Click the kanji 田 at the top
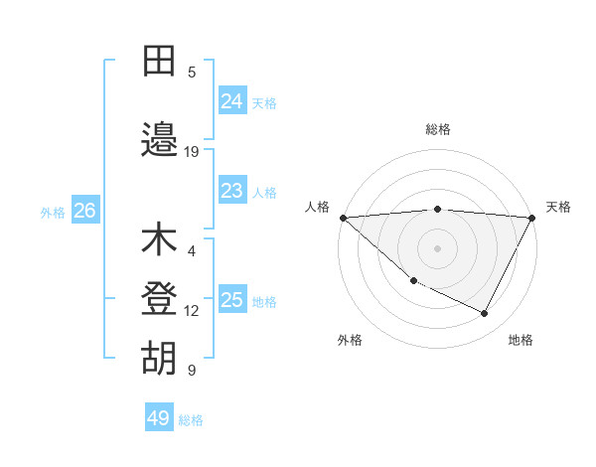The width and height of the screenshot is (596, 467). [159, 62]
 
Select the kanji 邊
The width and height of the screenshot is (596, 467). [159, 140]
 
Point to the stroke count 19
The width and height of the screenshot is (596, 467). [192, 152]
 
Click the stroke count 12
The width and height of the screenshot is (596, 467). [192, 311]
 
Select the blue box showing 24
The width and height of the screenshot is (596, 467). [231, 100]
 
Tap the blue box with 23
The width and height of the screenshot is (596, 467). [231, 190]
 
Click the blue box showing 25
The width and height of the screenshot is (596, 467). [231, 299]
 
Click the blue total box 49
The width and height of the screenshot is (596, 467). [158, 418]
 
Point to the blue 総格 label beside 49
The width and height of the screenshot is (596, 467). [191, 420]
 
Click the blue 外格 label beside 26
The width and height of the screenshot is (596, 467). [53, 212]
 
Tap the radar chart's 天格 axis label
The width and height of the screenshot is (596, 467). [558, 207]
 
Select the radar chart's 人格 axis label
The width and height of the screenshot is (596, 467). [318, 207]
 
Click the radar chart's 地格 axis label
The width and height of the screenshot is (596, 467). [521, 340]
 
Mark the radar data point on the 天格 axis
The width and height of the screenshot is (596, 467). [532, 218]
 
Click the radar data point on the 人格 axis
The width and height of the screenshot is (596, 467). [343, 218]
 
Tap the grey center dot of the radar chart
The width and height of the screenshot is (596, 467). [437, 248]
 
